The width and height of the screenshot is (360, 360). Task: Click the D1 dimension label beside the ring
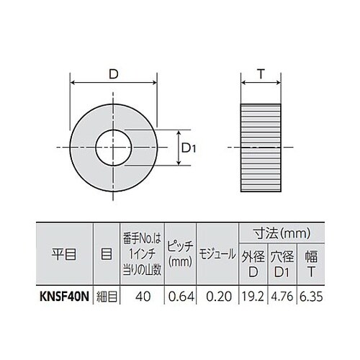pos(189,148)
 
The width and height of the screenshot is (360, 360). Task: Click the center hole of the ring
pos(114,148)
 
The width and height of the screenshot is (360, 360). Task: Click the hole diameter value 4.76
pos(284,295)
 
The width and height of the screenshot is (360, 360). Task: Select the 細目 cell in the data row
pos(106,295)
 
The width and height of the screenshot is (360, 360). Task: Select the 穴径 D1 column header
pos(284,264)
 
